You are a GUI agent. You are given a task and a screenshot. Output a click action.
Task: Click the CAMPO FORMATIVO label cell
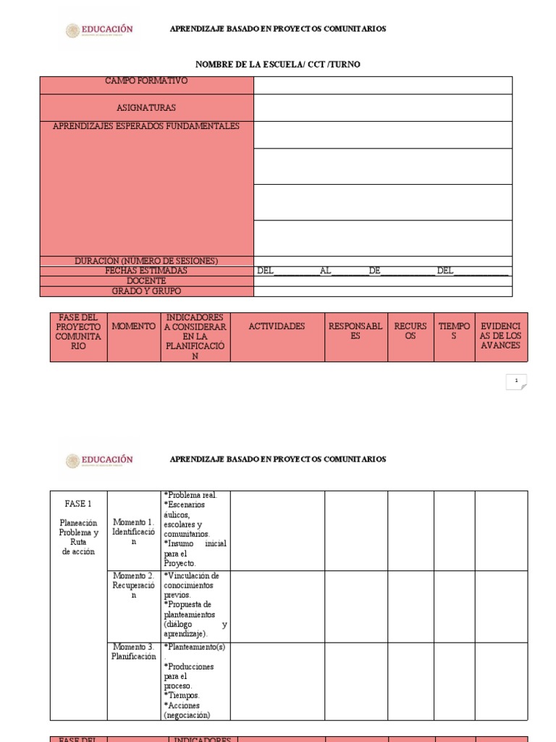[x=146, y=81]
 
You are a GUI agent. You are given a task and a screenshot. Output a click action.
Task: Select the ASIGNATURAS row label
[x=146, y=107]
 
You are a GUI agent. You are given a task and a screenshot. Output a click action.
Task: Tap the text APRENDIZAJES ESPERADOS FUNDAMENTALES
[x=146, y=126]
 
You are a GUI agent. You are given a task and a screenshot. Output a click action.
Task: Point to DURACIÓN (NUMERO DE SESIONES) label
[x=146, y=261]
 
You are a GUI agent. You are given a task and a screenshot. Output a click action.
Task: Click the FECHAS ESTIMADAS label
[x=146, y=270]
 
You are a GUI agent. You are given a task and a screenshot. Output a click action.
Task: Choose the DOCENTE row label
[x=146, y=280]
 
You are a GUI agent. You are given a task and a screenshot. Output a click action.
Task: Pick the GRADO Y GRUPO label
[x=146, y=291]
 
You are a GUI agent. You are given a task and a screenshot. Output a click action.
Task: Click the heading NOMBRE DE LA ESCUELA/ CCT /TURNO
[x=278, y=64]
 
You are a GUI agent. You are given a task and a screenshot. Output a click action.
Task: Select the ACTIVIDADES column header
[x=277, y=327]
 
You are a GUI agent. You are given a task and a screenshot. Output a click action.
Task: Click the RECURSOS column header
[x=410, y=331]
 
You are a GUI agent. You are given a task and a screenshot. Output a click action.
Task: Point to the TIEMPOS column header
[x=454, y=331]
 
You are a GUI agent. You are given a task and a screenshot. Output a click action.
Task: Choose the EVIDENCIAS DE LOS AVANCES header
[x=501, y=331]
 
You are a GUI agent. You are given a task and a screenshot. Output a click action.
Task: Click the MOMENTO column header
[x=133, y=327]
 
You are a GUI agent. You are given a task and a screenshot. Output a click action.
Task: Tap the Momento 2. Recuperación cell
[x=133, y=585]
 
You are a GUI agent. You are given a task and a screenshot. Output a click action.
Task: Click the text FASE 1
[x=78, y=503]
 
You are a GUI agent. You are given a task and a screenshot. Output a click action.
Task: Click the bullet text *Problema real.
[x=190, y=495]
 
